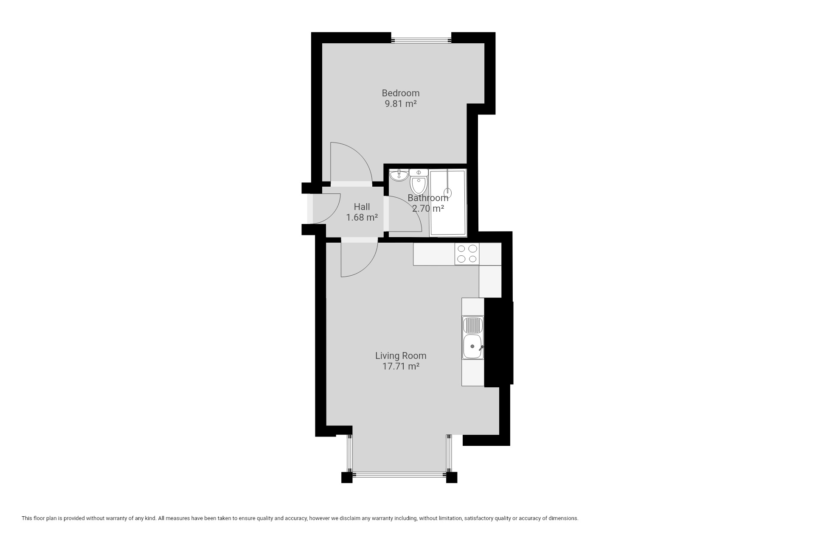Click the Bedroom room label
pos(400,93)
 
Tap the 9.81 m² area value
pos(400,104)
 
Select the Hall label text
pos(362,207)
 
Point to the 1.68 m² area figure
pos(362,218)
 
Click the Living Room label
pos(401,355)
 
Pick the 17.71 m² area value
pos(401,367)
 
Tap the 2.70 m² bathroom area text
pos(428,209)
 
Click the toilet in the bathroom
pos(419,181)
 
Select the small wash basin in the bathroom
pos(399,175)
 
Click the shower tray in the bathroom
pos(448,203)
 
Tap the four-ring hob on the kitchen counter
pos(467,254)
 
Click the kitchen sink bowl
pos(472,346)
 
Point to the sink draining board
pos(472,325)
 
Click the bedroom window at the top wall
pos(421,41)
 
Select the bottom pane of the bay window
pos(399,474)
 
